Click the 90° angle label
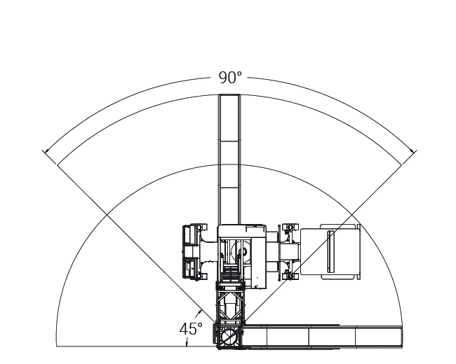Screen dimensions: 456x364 [229, 78]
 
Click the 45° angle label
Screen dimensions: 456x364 [191, 329]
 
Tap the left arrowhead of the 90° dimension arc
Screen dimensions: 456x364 [46, 151]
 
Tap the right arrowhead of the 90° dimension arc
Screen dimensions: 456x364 [413, 151]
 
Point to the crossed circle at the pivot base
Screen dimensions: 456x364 [229, 337]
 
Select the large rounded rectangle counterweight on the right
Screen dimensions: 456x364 [330, 251]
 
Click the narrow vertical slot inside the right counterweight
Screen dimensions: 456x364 [330, 252]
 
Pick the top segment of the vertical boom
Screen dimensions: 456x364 [229, 118]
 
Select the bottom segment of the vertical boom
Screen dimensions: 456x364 [229, 206]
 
